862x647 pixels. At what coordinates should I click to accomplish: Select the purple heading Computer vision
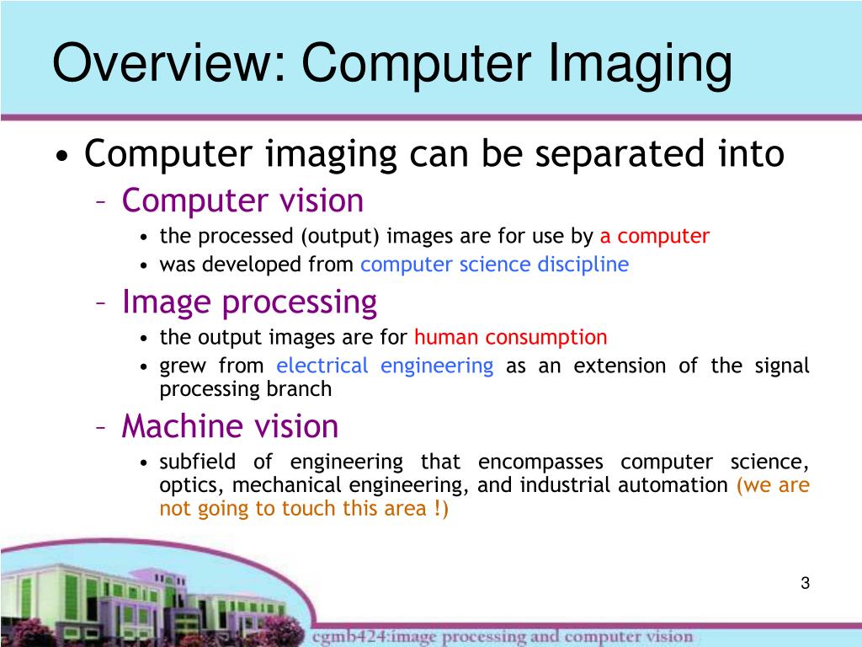pyautogui.click(x=242, y=201)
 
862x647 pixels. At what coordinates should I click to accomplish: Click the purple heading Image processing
pyautogui.click(x=249, y=302)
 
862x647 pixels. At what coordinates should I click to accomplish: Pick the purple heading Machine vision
pyautogui.click(x=230, y=426)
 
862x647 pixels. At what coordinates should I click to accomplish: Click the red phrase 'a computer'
pyautogui.click(x=655, y=237)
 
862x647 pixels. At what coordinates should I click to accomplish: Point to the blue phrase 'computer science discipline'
pyautogui.click(x=494, y=265)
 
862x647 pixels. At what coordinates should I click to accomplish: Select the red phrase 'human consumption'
pyautogui.click(x=510, y=338)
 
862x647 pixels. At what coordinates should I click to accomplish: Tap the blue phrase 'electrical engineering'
pyautogui.click(x=385, y=366)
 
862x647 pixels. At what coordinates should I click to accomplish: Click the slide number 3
pyautogui.click(x=805, y=584)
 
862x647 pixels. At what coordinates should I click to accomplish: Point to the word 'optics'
pyautogui.click(x=190, y=486)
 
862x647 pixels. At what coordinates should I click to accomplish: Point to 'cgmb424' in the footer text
pyautogui.click(x=342, y=636)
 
